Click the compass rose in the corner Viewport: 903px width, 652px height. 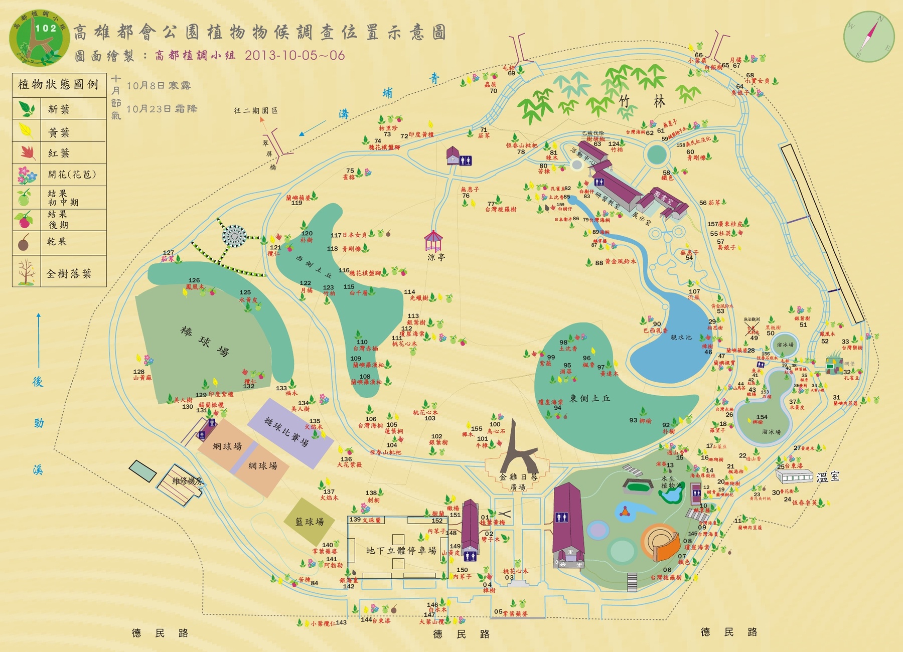[869, 36]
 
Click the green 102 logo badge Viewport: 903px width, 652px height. [39, 38]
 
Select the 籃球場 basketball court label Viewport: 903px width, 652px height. [310, 522]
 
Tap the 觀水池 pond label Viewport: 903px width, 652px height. [681, 337]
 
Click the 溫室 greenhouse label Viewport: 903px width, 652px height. [828, 476]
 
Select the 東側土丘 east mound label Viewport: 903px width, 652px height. [590, 398]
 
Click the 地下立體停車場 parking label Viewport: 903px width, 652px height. [401, 550]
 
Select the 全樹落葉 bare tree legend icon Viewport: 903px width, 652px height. [26, 272]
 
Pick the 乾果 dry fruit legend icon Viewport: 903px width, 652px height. [24, 243]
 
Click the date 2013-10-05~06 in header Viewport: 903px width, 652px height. [294, 55]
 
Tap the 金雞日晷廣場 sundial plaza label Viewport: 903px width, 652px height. [518, 481]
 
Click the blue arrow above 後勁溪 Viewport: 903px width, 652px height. [39, 341]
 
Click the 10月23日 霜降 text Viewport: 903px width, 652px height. [162, 109]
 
